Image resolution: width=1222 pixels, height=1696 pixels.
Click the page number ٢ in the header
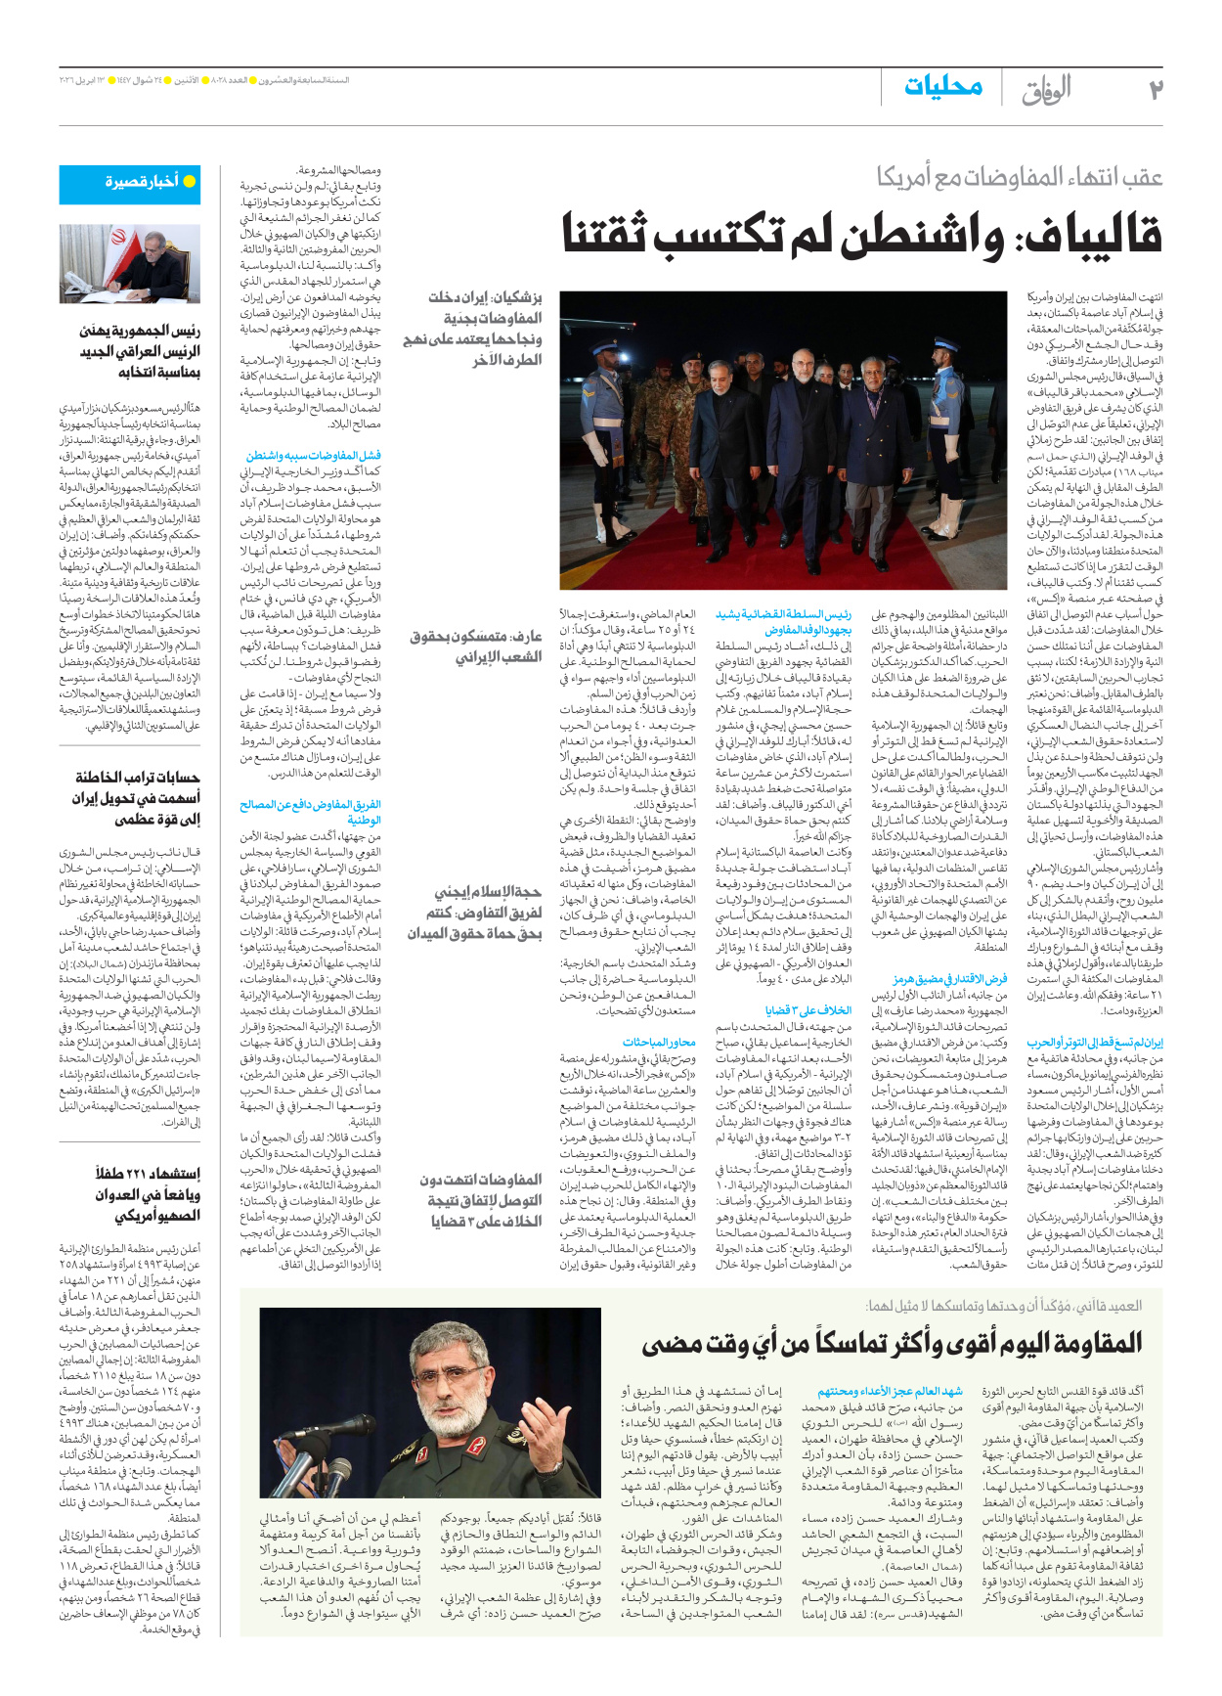pyautogui.click(x=1155, y=90)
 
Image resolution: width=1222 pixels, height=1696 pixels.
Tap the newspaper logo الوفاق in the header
pyautogui.click(x=1047, y=90)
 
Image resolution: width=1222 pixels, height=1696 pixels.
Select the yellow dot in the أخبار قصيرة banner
pyautogui.click(x=190, y=181)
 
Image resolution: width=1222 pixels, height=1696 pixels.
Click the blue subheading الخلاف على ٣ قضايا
pyautogui.click(x=807, y=1010)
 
